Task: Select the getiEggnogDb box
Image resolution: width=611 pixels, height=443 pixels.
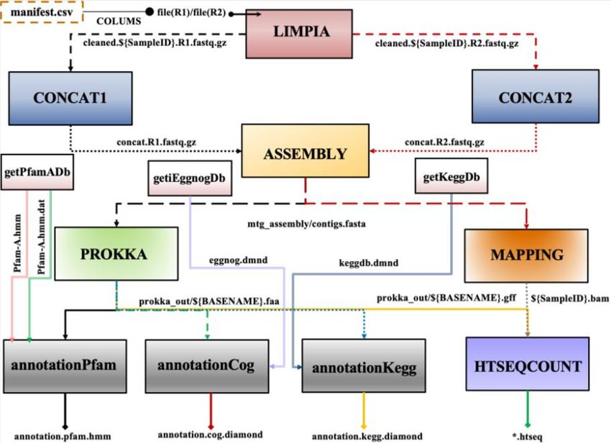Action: pos(190,177)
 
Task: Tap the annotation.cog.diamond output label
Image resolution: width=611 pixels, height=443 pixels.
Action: pos(211,434)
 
